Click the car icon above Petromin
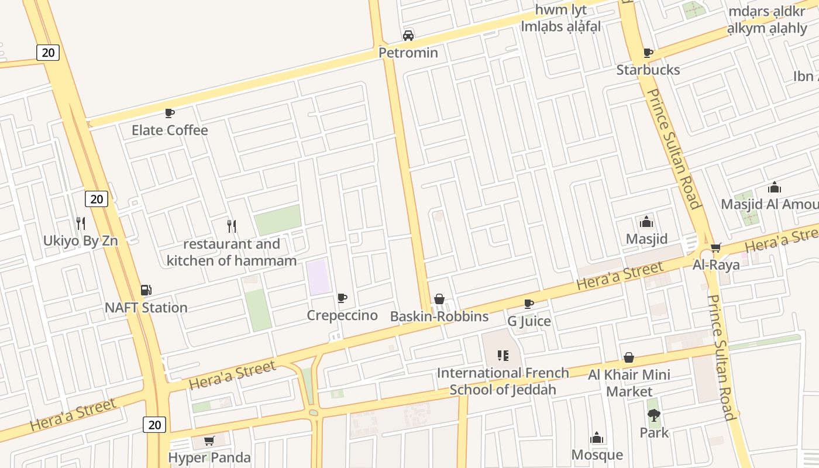click(x=408, y=35)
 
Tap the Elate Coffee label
click(x=170, y=130)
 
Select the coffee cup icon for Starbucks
click(x=648, y=53)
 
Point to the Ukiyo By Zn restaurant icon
click(x=81, y=223)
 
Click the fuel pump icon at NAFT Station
click(x=146, y=290)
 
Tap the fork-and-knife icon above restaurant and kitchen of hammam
click(x=232, y=226)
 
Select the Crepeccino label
click(x=342, y=315)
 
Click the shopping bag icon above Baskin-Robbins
click(x=439, y=299)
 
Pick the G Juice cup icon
click(x=529, y=304)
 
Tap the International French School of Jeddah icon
click(x=503, y=355)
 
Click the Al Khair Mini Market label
click(x=629, y=383)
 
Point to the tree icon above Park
click(x=654, y=415)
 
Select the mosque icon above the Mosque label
click(x=597, y=438)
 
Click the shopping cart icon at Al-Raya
click(x=716, y=247)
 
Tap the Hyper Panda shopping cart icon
click(x=209, y=441)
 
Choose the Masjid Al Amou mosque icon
click(x=775, y=187)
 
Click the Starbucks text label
click(x=648, y=70)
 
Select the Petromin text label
click(x=408, y=53)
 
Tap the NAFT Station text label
click(x=146, y=308)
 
